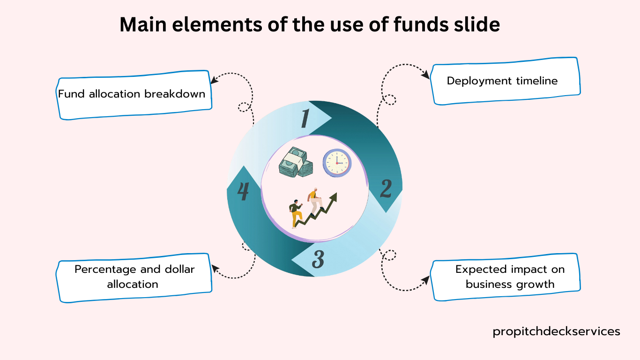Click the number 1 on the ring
(x=305, y=118)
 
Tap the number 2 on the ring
(x=386, y=188)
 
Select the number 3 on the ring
(x=318, y=260)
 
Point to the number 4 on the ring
(x=243, y=192)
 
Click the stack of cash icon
(x=296, y=162)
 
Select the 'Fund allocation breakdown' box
(x=134, y=95)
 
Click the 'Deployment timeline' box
(x=504, y=81)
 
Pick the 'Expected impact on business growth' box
(x=505, y=277)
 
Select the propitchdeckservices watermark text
(x=556, y=331)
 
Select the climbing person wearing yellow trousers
(x=296, y=215)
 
